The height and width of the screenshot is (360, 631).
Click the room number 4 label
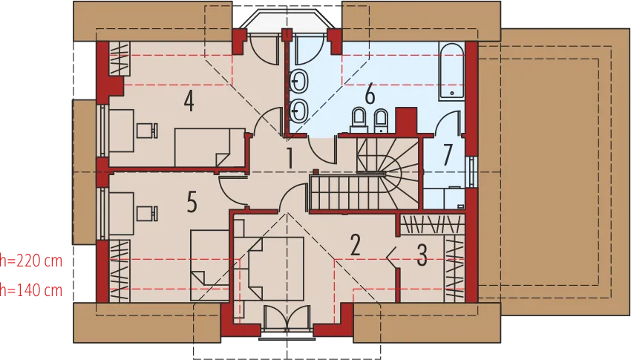189,101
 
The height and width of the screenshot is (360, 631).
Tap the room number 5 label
192,201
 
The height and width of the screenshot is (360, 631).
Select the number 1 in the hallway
290,158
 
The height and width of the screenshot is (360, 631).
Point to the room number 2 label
355,245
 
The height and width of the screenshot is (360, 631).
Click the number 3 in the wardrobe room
422,255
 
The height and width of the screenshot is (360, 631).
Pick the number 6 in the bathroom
370,94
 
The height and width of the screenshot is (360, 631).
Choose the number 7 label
447,155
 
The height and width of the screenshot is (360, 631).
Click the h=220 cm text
31,261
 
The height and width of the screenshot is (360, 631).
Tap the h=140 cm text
31,289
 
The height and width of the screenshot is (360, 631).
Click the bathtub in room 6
451,71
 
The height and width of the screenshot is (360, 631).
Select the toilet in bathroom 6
359,120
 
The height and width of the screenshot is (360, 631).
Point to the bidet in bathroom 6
381,120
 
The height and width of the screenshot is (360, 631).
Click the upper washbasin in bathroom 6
299,82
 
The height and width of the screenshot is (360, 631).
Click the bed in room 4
209,147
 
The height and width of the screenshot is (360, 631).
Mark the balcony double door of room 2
287,318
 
